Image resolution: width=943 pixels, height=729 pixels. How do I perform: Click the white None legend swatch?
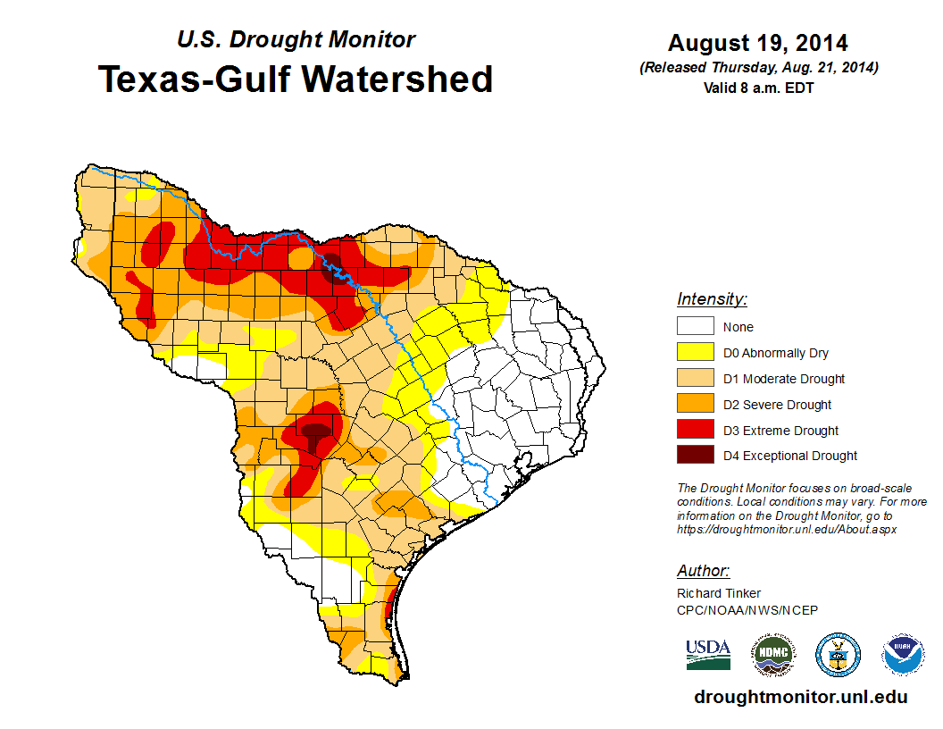click(695, 327)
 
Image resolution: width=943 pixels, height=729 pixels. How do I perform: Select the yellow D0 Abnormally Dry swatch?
click(695, 353)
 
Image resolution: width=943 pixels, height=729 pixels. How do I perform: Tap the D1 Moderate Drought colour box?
click(695, 379)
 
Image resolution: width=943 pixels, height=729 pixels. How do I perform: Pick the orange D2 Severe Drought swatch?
click(695, 405)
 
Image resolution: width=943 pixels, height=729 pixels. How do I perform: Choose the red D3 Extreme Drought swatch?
click(695, 431)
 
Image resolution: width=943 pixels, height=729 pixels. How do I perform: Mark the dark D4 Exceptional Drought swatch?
click(695, 456)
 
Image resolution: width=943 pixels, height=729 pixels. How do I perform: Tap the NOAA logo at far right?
click(903, 655)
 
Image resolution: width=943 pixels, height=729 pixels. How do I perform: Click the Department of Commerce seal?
click(839, 655)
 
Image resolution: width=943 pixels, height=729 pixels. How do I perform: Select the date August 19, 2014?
click(758, 43)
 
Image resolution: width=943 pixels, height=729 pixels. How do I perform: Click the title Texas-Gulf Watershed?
click(296, 80)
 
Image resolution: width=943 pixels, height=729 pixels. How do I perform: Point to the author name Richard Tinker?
click(719, 593)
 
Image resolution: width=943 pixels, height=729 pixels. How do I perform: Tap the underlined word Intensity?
click(712, 299)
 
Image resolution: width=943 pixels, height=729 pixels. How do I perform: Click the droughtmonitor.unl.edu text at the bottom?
click(801, 698)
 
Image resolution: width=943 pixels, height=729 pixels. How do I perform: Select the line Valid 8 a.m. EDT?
click(758, 88)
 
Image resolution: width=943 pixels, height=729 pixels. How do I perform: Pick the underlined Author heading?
click(703, 571)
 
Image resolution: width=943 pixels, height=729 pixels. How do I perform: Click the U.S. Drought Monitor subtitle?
click(296, 39)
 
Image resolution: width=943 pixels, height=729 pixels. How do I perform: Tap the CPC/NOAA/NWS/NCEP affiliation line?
click(747, 610)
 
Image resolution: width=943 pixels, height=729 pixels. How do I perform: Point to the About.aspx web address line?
click(787, 529)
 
